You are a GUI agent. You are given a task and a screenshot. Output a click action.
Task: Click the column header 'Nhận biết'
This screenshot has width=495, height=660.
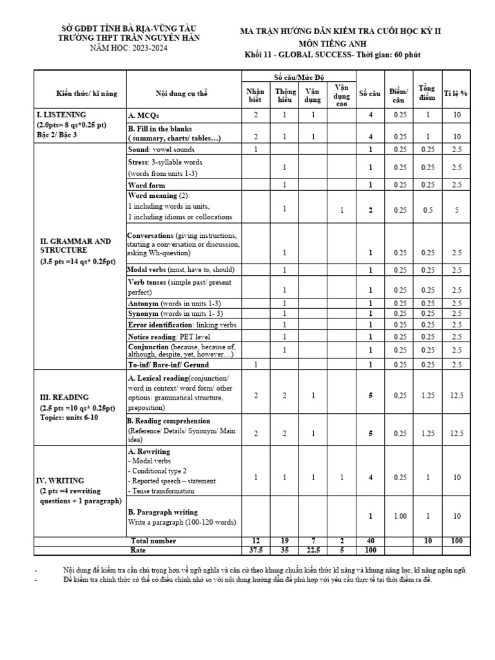(255, 93)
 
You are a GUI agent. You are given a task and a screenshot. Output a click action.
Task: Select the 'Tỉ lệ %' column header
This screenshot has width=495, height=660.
(456, 93)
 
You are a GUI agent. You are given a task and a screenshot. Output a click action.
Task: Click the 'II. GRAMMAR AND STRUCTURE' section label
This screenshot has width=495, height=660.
(75, 245)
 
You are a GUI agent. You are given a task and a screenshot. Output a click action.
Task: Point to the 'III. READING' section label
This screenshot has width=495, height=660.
(64, 397)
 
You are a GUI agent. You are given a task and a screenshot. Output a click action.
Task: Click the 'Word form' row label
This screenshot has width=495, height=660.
(146, 185)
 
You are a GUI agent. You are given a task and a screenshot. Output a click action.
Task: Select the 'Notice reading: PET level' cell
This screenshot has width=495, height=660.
(169, 336)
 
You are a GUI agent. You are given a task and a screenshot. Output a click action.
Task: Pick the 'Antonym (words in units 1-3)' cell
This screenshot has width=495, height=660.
(175, 303)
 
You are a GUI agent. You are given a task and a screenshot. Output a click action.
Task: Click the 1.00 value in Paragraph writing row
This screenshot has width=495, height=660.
(400, 516)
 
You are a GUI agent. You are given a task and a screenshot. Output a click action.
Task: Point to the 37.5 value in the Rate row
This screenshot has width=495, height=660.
(255, 551)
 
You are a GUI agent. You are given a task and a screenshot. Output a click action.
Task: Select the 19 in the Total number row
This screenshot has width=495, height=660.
(284, 541)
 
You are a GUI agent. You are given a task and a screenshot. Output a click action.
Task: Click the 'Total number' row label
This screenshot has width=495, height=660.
(153, 541)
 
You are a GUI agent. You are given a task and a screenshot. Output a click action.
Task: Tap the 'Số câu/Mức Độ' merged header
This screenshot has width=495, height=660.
(296, 76)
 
